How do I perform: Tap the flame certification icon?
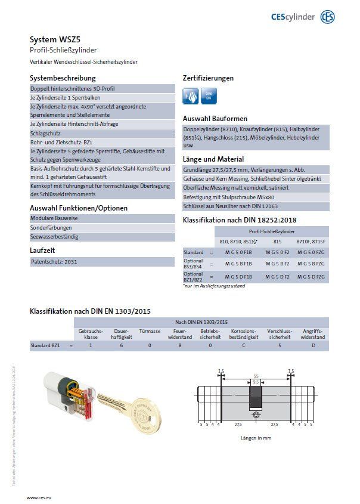[x=191, y=95]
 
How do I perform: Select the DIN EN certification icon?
[x=209, y=95]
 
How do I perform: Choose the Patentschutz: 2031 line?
[x=54, y=262]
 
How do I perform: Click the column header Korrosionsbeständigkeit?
[x=244, y=334]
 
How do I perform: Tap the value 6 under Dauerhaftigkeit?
[x=122, y=345]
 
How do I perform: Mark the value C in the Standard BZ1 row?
[x=244, y=345]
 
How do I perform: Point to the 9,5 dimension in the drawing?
[x=256, y=381]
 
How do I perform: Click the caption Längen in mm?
[x=256, y=437]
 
